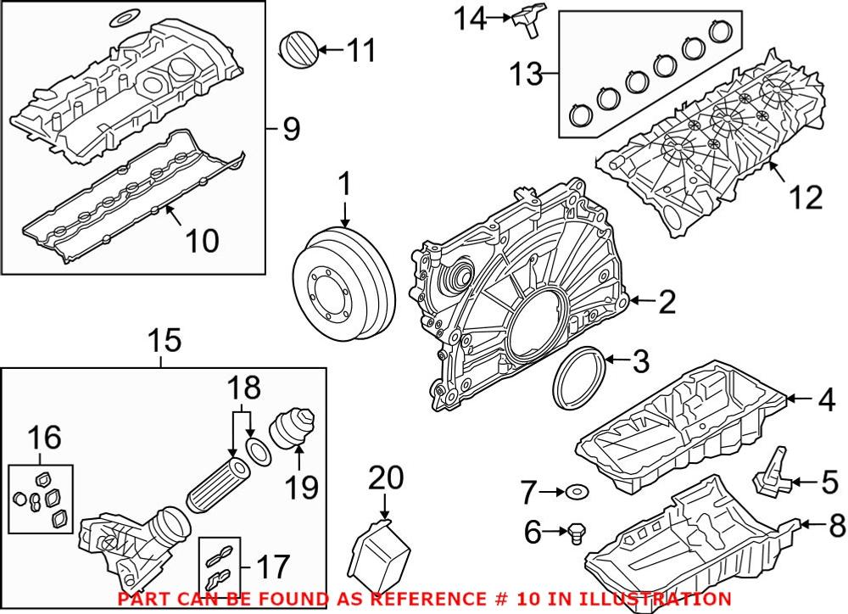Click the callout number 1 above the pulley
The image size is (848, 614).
coord(345,183)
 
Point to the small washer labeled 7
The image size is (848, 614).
coord(577,490)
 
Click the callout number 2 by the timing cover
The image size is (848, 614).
coord(667,301)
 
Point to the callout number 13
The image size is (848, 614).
coord(525,75)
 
